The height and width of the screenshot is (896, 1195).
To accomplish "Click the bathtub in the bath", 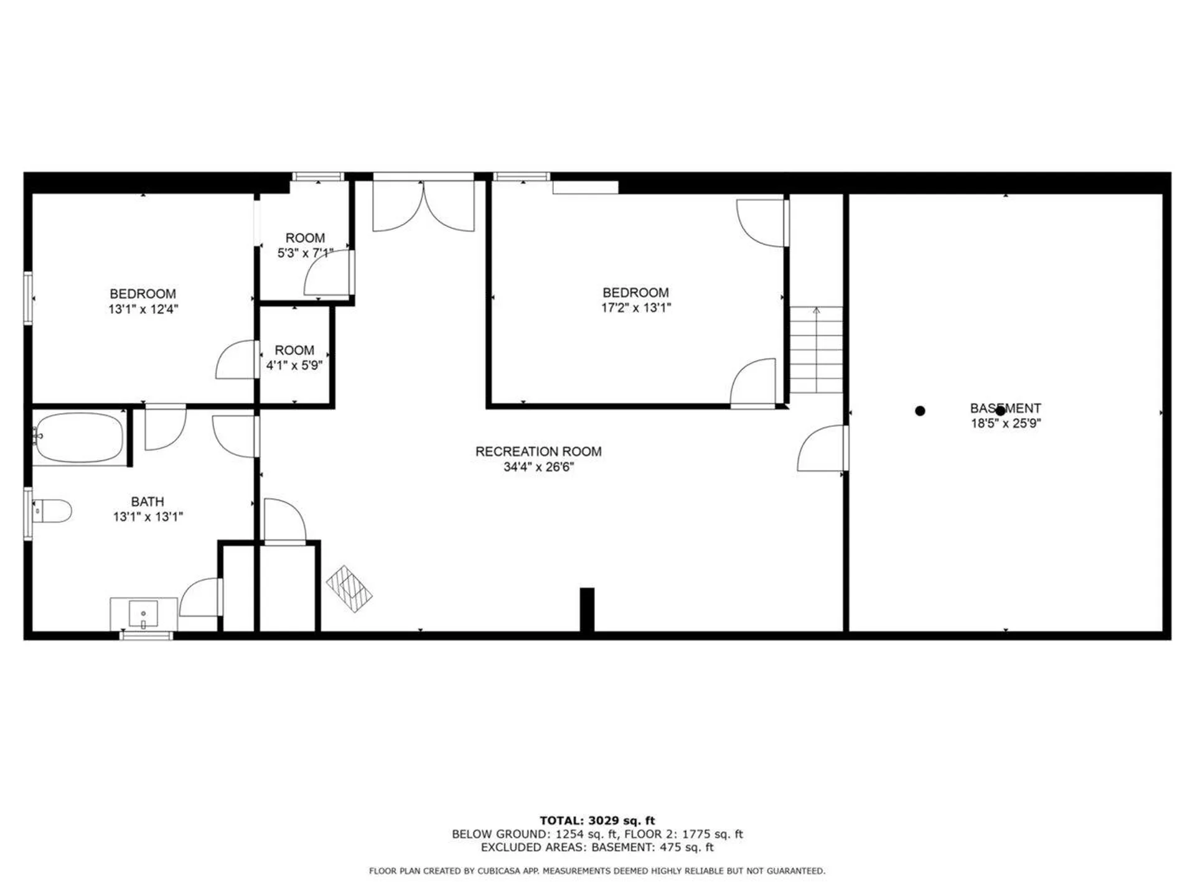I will [79, 437].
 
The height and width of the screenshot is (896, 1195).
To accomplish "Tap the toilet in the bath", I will [52, 511].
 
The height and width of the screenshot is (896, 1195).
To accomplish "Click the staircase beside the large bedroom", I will [816, 350].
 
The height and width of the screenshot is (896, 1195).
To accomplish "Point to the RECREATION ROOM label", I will [538, 452].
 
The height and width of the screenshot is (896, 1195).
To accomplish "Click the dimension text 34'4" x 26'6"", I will [538, 467].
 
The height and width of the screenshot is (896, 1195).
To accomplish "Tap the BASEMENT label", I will [1005, 408].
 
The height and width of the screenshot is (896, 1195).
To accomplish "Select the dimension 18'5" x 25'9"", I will [1005, 424].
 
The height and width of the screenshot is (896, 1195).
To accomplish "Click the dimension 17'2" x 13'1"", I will [635, 308].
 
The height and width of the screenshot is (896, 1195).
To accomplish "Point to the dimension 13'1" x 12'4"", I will [143, 309].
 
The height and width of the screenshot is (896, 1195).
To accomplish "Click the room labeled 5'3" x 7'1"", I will [304, 245].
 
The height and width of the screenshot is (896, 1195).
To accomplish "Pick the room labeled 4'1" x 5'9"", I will [294, 358].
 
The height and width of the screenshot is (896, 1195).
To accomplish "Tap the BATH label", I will [148, 502].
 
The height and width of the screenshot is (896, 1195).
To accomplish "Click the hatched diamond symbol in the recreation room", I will [349, 589].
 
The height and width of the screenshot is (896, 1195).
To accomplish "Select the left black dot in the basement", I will [920, 411].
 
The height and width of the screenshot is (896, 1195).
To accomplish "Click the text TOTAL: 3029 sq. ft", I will [597, 821].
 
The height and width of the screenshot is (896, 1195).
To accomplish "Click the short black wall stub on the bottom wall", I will [587, 610].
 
